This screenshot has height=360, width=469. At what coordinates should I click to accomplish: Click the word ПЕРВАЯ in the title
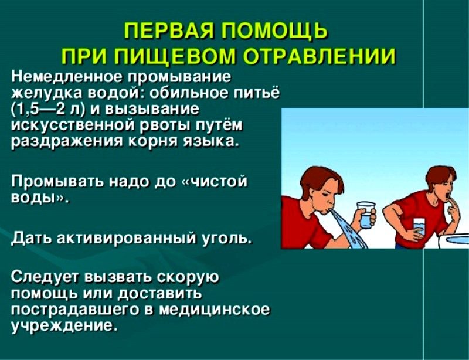[x=168, y=31]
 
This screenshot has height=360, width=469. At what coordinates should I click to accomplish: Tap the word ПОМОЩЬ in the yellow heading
[x=274, y=31]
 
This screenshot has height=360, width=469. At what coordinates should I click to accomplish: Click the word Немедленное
[x=67, y=77]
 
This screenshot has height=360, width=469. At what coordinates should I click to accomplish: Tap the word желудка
[x=46, y=94]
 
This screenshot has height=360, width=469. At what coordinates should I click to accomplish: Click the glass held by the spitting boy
[x=366, y=216]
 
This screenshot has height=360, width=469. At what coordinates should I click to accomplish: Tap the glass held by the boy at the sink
[x=419, y=227]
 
